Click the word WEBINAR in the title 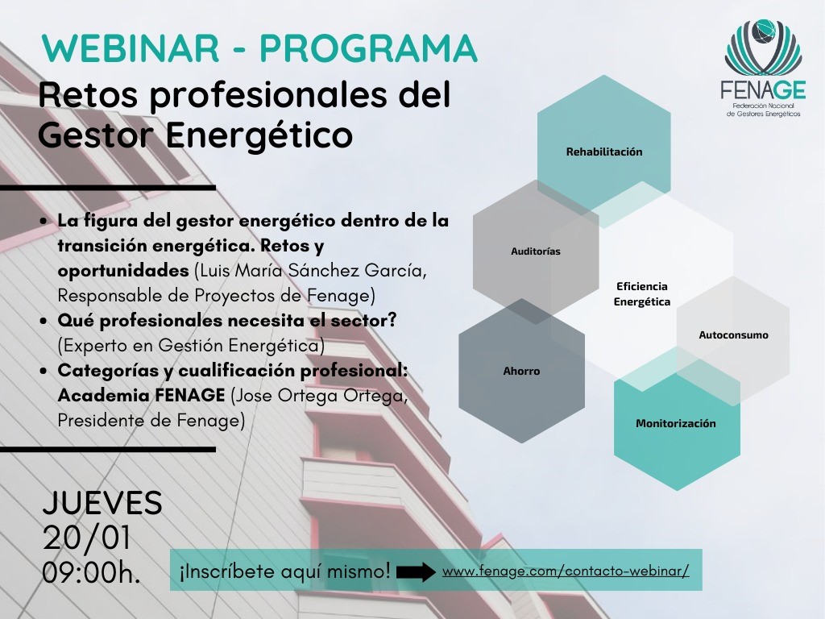click(x=131, y=48)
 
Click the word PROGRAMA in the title click(x=368, y=48)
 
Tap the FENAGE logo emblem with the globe click(x=763, y=47)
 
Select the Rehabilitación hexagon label click(x=604, y=152)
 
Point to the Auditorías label click(x=536, y=251)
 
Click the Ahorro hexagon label click(x=521, y=371)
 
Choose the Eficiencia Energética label click(x=642, y=293)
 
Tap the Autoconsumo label click(x=733, y=334)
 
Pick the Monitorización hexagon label click(x=676, y=423)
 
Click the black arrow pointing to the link click(x=416, y=572)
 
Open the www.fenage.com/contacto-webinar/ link click(x=566, y=571)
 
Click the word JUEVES click(x=102, y=503)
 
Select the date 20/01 click(x=86, y=538)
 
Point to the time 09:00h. click(x=92, y=573)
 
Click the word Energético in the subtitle click(x=259, y=135)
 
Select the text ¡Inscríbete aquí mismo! click(x=285, y=571)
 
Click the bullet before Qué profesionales click(x=44, y=321)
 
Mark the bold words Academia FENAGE click(x=142, y=395)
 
